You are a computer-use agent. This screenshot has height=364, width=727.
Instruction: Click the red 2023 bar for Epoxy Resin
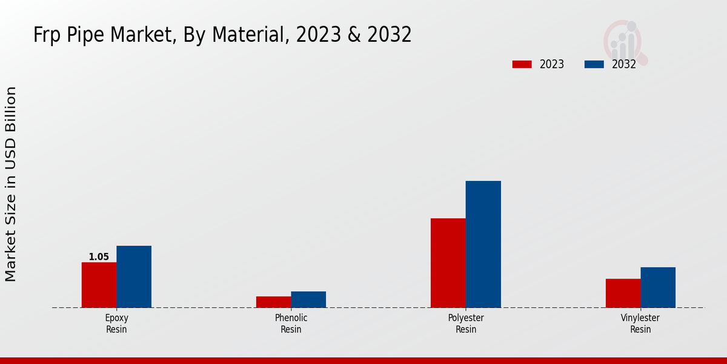[99, 285]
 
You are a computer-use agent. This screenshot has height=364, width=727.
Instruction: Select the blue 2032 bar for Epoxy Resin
[134, 277]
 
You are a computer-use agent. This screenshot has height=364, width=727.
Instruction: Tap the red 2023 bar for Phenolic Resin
[273, 302]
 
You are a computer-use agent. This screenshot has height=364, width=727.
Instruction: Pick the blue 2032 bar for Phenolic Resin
[308, 299]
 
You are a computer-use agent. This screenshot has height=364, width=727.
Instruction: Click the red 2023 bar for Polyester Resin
[448, 263]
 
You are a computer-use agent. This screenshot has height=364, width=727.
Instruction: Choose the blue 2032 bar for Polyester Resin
[483, 244]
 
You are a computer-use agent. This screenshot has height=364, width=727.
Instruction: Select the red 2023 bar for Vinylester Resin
[623, 293]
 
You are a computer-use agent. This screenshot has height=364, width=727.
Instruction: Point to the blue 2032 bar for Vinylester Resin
[658, 287]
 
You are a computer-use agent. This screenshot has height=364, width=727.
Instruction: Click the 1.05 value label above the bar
[99, 257]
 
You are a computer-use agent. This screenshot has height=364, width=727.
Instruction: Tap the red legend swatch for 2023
[522, 64]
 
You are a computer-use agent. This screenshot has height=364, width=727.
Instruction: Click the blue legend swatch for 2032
[594, 64]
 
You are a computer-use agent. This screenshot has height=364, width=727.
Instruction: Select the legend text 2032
[623, 64]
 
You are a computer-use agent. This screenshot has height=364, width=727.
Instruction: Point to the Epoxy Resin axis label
[116, 323]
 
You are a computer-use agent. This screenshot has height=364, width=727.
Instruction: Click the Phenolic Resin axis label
[291, 323]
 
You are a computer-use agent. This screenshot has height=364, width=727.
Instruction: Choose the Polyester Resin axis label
[466, 323]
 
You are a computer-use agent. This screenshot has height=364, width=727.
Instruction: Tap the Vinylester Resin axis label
[640, 323]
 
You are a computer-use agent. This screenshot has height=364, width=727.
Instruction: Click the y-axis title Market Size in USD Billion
[11, 184]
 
